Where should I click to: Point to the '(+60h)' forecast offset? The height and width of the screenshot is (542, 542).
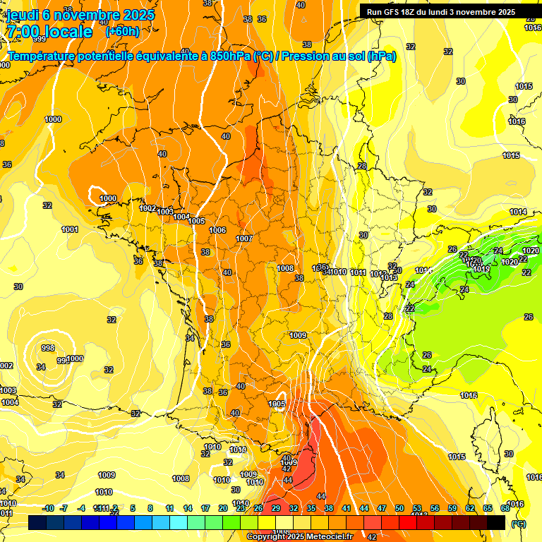click(121, 32)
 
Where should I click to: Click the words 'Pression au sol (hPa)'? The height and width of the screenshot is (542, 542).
click(338, 56)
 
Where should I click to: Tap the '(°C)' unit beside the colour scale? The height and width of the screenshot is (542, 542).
click(517, 523)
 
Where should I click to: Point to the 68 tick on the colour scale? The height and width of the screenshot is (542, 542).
click(505, 508)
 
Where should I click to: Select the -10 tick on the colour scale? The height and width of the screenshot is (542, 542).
click(49, 508)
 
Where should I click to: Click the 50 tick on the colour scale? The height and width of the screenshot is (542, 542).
click(399, 508)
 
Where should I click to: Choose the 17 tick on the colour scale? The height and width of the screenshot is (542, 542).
click(205, 508)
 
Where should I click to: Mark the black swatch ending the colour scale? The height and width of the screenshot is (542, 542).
click(496, 522)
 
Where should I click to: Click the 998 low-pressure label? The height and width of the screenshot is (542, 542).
click(48, 348)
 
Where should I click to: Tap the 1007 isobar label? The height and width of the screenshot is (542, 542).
click(244, 239)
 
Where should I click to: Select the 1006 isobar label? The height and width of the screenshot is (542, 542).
click(217, 231)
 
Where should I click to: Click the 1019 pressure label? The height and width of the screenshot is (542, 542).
click(481, 269)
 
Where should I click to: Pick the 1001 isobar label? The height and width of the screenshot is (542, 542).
click(70, 229)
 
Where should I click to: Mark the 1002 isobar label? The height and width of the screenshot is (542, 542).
click(148, 208)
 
